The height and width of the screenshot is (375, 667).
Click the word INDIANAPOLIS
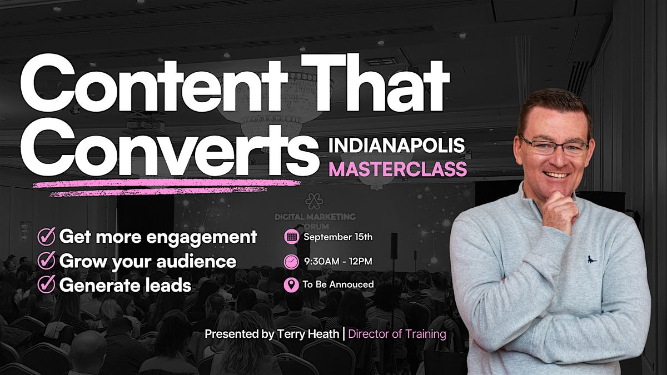pos(396,145)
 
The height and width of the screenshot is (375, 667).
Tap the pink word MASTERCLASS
pos(397,169)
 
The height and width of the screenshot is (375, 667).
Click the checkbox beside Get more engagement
pos(47,236)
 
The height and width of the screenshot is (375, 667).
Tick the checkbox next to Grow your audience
pos(47,261)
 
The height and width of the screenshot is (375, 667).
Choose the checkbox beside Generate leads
pos(47,284)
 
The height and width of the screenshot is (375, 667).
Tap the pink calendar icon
pos(291,237)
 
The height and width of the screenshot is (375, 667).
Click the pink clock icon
pos(291,262)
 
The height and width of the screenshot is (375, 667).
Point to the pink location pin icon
pos(291,285)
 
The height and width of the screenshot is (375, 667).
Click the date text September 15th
pos(338,237)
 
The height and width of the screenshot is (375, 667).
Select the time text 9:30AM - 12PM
pos(338,261)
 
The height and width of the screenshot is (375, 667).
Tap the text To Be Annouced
pos(339,284)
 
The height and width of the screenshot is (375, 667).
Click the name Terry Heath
pos(308,334)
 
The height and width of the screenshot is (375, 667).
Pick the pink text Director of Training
pos(397,334)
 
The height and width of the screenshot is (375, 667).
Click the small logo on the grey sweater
pos(592,259)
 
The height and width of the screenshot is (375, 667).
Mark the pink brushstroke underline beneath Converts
pos(167,188)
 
